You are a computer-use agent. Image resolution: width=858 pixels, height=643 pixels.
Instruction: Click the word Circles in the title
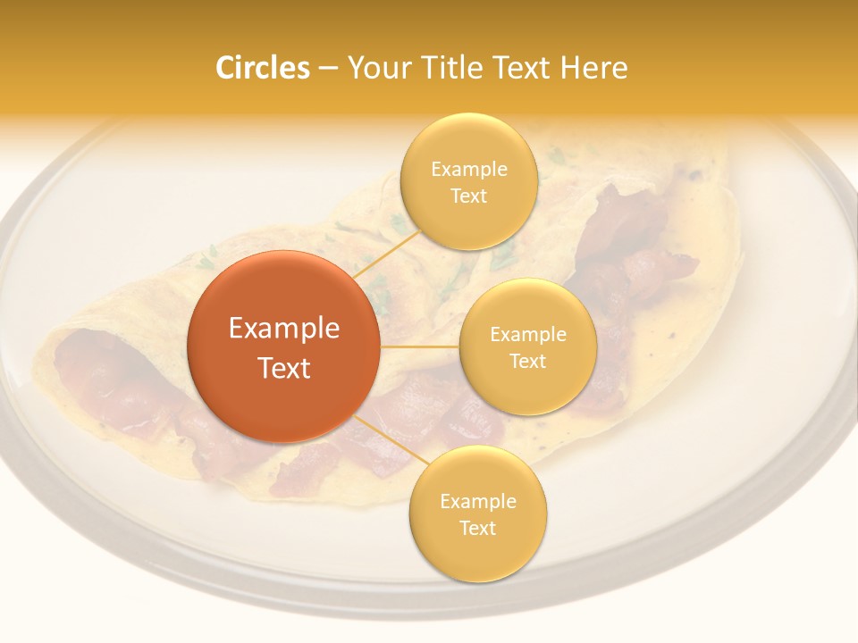(x=262, y=68)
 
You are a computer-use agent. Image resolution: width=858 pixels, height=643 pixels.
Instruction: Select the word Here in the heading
(x=594, y=68)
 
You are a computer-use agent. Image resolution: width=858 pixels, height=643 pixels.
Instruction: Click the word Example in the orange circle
(x=284, y=329)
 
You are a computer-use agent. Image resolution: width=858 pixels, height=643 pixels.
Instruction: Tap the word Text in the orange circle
(x=284, y=368)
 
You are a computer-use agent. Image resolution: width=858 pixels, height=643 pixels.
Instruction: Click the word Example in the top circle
(x=468, y=170)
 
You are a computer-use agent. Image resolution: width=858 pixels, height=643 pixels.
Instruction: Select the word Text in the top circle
(x=468, y=196)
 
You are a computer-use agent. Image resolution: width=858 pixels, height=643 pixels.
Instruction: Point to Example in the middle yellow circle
(x=527, y=335)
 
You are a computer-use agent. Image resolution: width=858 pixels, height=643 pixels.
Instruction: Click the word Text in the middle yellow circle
(x=527, y=362)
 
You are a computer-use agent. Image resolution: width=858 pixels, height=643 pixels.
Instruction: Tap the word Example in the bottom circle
(x=477, y=502)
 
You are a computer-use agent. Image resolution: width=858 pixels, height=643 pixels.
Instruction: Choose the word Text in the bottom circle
(x=477, y=529)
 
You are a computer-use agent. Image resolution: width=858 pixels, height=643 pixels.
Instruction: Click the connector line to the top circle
(x=386, y=255)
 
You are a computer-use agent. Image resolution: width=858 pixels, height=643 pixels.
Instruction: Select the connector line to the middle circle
(x=420, y=346)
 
